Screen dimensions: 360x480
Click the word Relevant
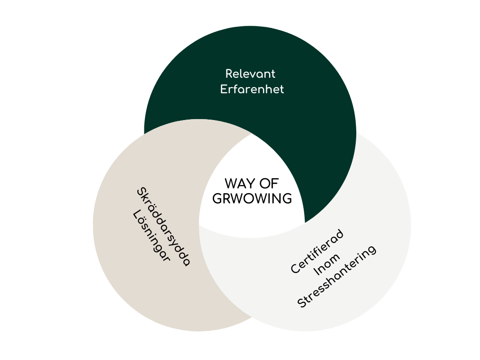pyautogui.click(x=250, y=74)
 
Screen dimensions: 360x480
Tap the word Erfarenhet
pyautogui.click(x=252, y=90)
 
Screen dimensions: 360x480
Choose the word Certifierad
pyautogui.click(x=317, y=251)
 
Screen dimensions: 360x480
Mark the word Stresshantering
pyautogui.click(x=337, y=277)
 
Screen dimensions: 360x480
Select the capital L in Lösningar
pyautogui.click(x=137, y=214)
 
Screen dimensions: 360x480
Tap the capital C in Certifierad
pyautogui.click(x=295, y=269)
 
